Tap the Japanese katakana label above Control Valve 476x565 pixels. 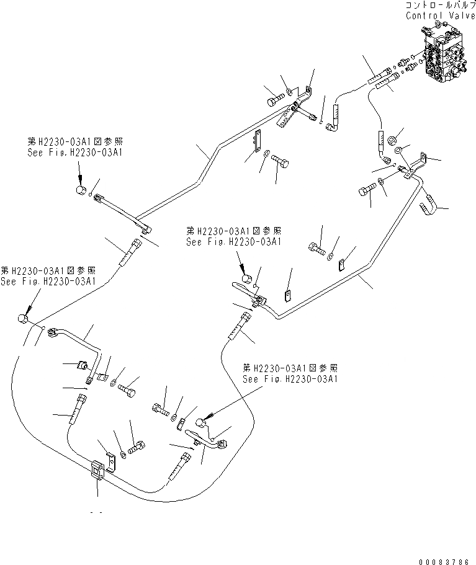[x=439, y=5]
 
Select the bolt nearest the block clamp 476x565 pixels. [x=137, y=447]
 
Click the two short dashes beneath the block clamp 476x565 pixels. [x=96, y=513]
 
